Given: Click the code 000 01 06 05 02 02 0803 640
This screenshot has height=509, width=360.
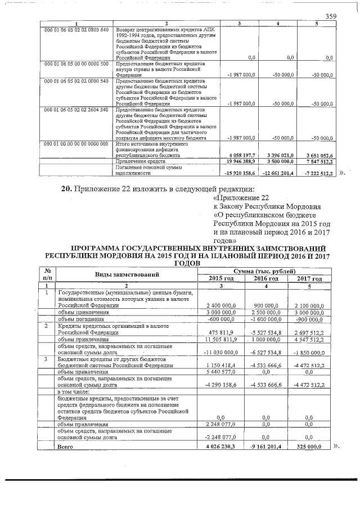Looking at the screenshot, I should (x=76, y=29).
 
